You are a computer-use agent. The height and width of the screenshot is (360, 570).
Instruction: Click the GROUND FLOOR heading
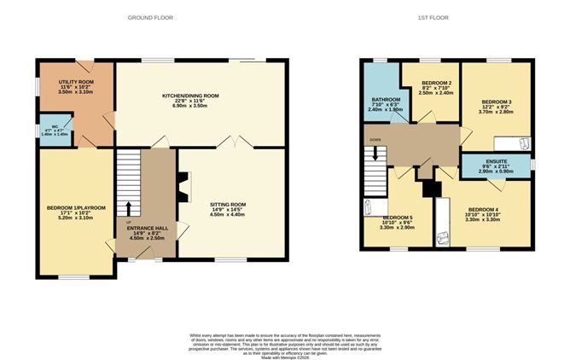[148, 17]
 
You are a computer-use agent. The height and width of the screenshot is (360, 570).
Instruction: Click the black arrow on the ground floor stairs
[129, 207]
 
